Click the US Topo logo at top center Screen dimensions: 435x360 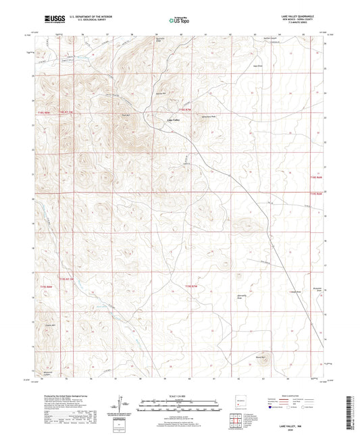178,20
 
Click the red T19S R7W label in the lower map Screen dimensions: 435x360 192,286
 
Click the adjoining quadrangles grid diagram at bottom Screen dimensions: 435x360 234,423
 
